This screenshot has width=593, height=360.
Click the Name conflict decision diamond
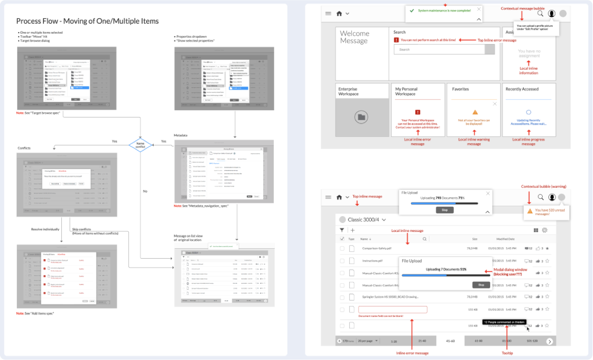click(140, 145)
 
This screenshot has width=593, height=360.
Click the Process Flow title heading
click(87, 21)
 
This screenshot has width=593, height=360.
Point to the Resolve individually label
click(45, 229)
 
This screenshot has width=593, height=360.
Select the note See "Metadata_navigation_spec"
click(201, 206)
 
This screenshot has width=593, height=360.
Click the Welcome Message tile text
click(355, 37)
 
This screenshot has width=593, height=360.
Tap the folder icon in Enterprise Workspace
click(361, 117)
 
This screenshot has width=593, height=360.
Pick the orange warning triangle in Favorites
click(475, 112)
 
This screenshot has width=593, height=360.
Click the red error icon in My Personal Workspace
click(418, 112)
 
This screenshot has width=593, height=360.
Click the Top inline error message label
click(497, 40)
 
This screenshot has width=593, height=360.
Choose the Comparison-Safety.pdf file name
click(377, 248)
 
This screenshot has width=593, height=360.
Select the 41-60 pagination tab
click(450, 341)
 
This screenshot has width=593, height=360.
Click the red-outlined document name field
click(392, 310)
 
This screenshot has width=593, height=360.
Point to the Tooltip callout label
click(508, 353)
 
